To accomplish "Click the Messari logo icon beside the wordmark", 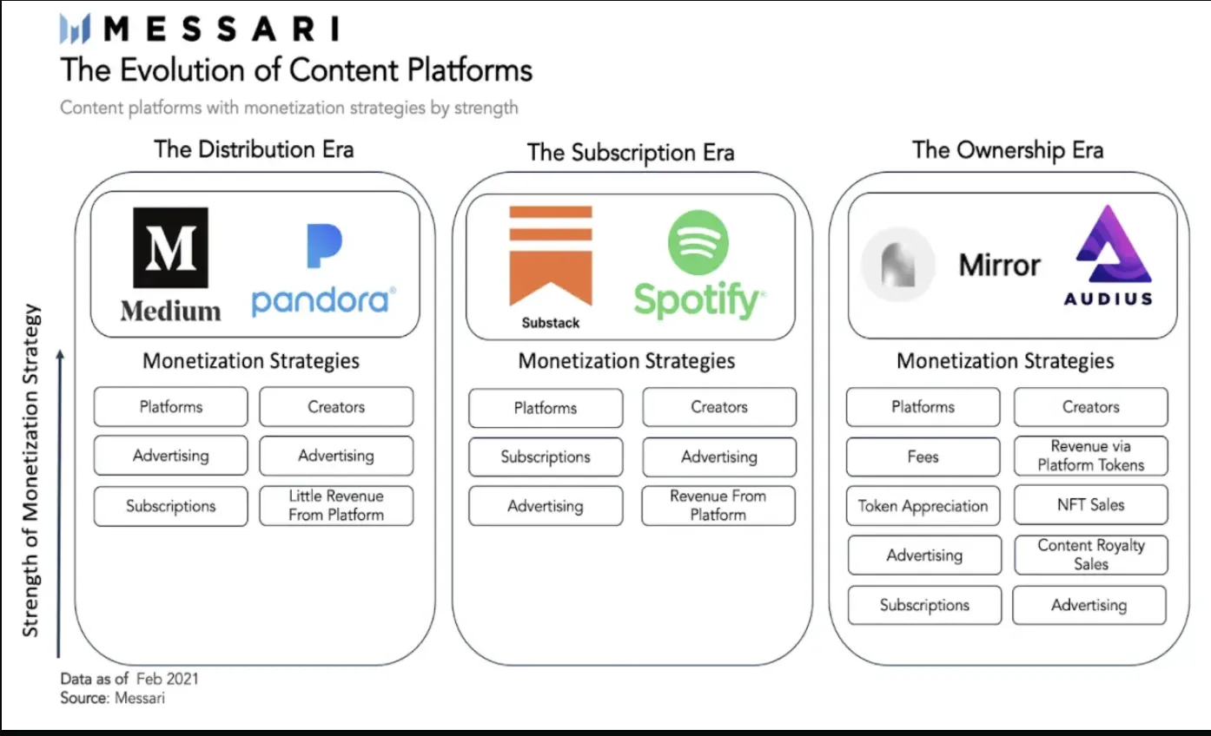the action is coord(75,29).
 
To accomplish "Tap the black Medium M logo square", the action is coord(170,247).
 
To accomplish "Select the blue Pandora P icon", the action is coord(324,246).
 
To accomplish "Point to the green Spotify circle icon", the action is coord(698,242).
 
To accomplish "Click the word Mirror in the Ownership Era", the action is coord(999,265).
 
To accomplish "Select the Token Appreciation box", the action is coord(923,506).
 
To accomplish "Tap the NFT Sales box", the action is coord(1090,505).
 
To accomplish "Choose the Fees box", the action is coord(923,457).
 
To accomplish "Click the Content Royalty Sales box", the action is coord(1090,555).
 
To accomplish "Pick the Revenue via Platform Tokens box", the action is coord(1090,456).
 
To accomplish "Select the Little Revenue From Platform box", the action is coord(335,505).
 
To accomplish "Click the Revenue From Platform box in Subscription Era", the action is coord(718,505).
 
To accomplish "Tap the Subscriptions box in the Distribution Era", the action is coord(170,506).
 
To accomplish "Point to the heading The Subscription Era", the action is coord(631,152).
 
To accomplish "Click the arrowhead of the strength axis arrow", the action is coord(60,354).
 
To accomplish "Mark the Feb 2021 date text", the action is coord(167,679).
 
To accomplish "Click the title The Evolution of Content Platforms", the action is coord(296,69).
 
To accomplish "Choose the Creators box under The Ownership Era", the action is coord(1090,406).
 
